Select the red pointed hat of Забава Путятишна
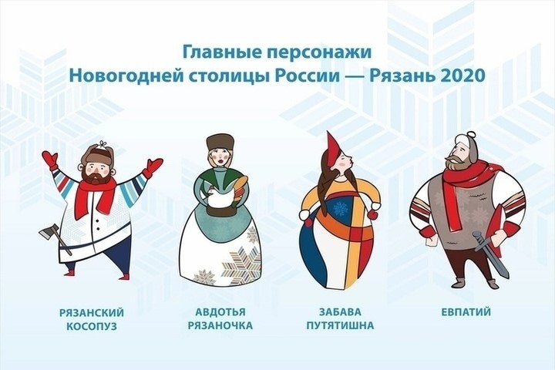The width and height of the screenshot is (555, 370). [x=334, y=150]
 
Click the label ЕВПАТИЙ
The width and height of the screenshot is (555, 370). [x=466, y=312]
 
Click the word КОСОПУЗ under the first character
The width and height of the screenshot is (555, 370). [x=92, y=326]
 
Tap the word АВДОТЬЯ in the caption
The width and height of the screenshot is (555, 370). [x=220, y=312]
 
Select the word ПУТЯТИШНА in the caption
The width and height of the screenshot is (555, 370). [x=340, y=325]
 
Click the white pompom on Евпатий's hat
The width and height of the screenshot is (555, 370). [x=471, y=135]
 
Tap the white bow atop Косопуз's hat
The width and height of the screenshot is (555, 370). [x=103, y=143]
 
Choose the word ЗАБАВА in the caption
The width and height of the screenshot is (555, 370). [x=340, y=312]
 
